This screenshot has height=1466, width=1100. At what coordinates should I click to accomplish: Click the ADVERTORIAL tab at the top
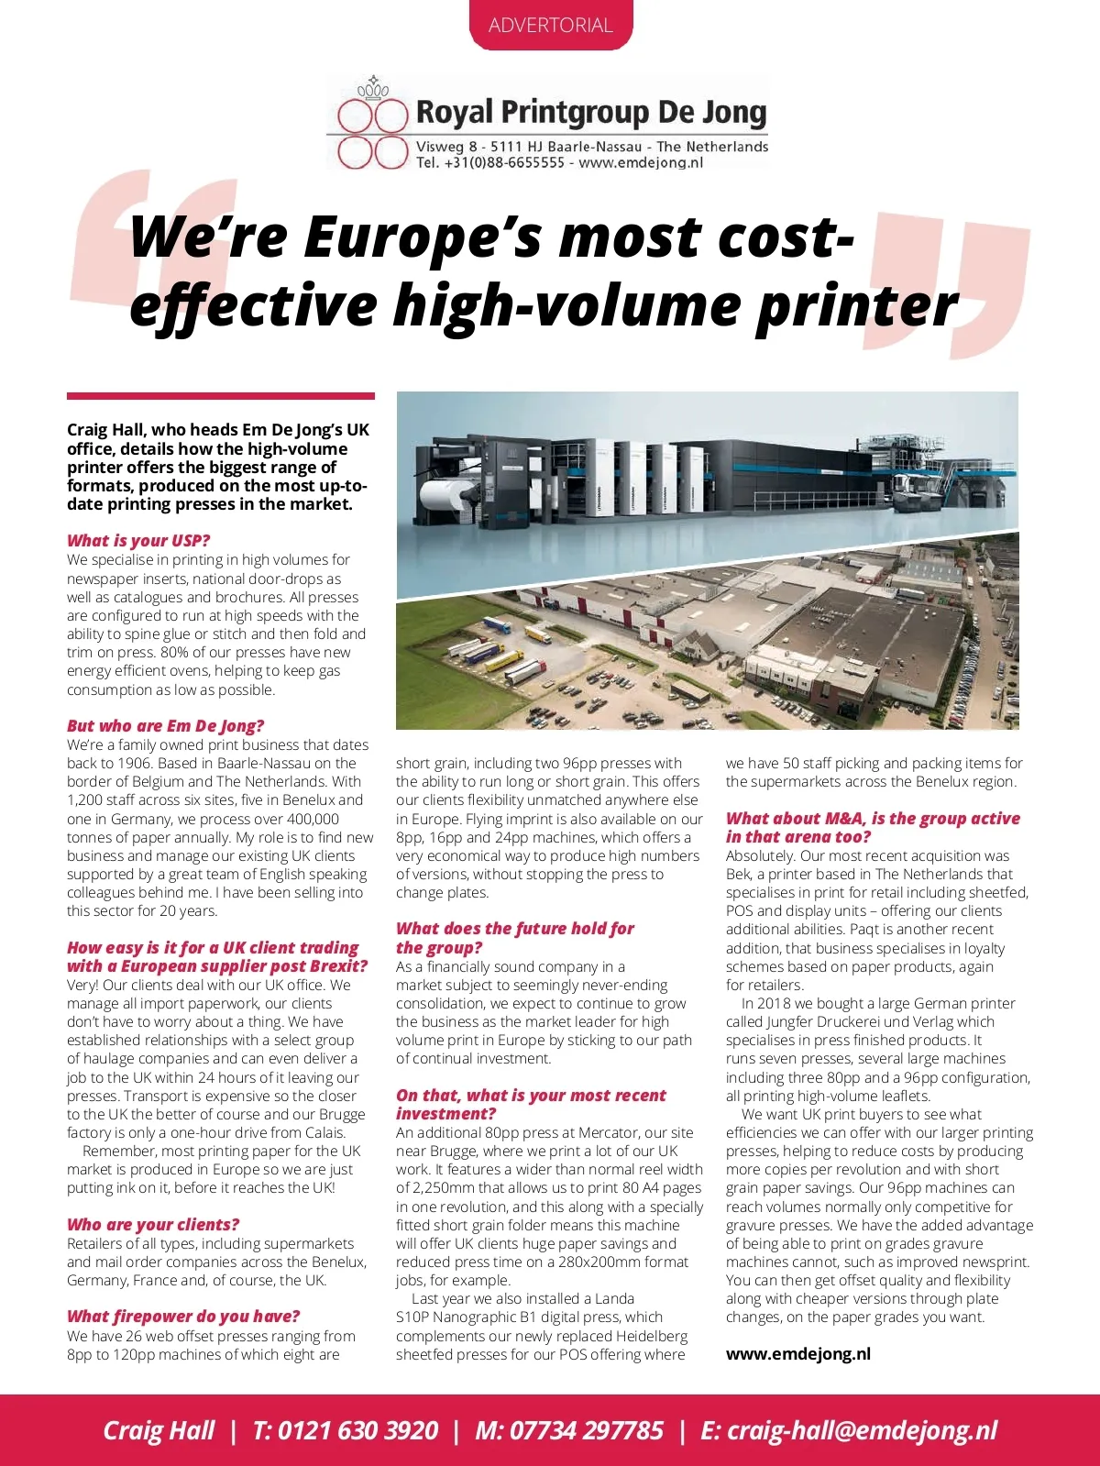550,25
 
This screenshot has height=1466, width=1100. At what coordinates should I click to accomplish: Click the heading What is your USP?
138,540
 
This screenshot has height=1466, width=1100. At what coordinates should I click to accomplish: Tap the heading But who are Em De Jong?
165,725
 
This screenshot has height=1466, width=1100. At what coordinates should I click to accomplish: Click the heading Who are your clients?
153,1224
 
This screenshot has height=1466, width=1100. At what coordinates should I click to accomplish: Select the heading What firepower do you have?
183,1316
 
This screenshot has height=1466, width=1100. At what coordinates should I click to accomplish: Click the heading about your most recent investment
531,1104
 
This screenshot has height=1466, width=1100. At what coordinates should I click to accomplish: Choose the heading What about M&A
872,827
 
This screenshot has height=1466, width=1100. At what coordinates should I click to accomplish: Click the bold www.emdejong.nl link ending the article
797,1353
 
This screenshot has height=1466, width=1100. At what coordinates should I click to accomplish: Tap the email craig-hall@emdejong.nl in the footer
862,1430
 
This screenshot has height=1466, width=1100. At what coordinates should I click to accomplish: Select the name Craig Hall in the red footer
158,1430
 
